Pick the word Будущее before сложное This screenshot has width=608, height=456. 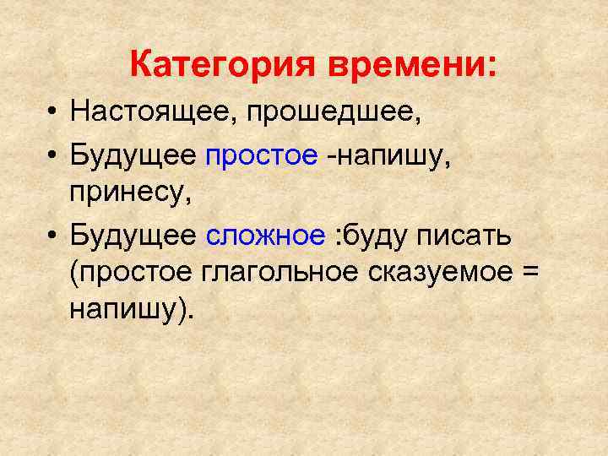coord(135,236)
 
